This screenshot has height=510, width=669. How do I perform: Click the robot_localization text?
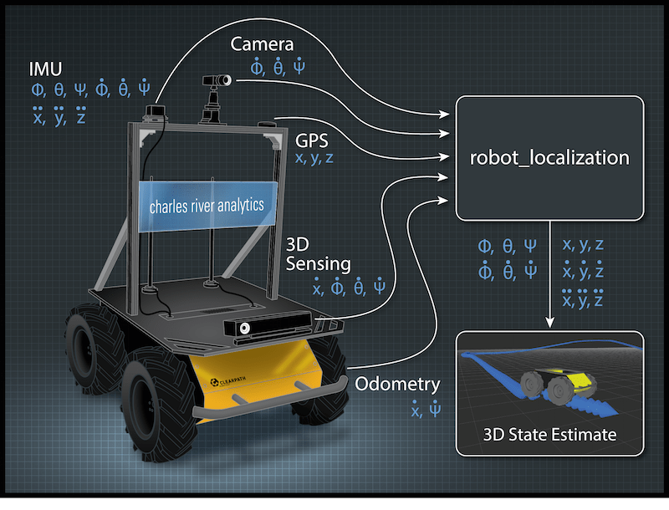[549, 156]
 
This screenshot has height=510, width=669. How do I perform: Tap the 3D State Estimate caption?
[549, 434]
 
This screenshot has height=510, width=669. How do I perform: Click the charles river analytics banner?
[207, 204]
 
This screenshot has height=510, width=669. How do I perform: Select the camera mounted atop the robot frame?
[216, 81]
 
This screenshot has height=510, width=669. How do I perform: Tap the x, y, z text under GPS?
[314, 157]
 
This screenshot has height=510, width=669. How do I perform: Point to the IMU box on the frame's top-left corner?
[156, 111]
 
